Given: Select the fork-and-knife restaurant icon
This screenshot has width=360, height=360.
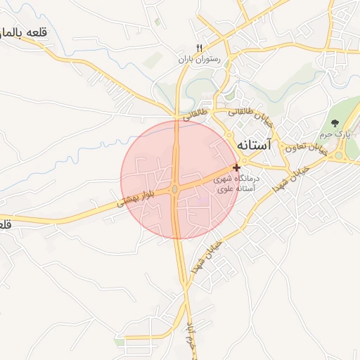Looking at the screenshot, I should pos(199,48).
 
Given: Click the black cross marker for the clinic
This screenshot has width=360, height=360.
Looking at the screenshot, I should pos(236,167).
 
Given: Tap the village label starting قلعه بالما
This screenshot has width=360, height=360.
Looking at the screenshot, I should pos(25,32).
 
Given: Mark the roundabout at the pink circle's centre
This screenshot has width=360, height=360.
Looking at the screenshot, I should pos(174,189).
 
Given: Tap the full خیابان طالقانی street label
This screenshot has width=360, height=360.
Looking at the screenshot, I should pos(250,114).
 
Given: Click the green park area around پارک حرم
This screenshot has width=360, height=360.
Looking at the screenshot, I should pos(345,112).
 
